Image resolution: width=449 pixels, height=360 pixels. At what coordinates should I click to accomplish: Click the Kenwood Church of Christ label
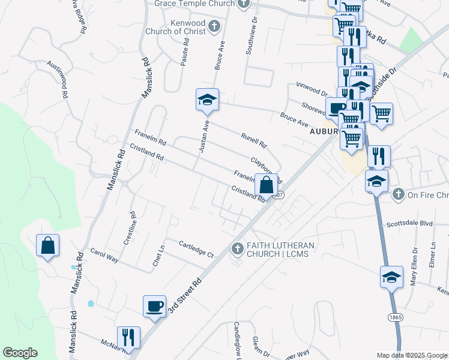179,27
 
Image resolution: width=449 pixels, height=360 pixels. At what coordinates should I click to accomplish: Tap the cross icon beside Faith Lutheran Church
238,248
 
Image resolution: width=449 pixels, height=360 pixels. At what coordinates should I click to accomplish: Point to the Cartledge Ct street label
196,249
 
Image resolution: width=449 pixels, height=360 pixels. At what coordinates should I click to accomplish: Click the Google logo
20,353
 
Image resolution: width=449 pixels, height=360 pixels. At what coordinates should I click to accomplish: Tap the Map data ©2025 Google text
412,355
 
